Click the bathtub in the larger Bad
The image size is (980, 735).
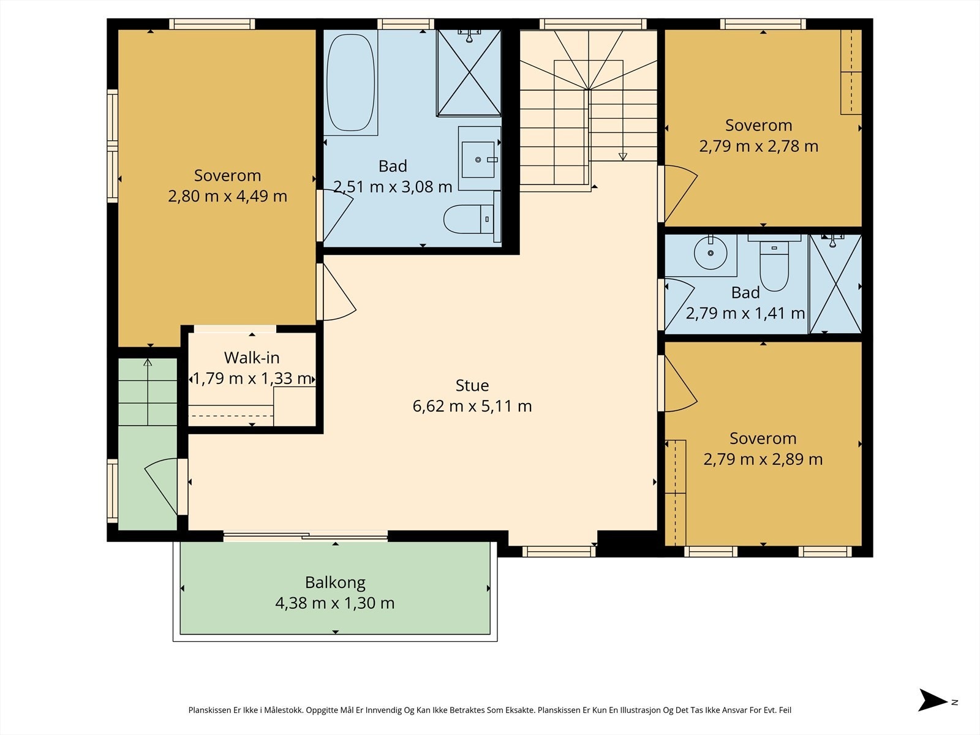tap(351, 83)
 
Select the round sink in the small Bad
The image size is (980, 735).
tap(710, 253)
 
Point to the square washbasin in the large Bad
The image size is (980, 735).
tap(478, 159)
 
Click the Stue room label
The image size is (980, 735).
tap(472, 386)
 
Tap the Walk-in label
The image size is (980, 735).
tap(252, 358)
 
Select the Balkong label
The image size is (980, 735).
tap(335, 583)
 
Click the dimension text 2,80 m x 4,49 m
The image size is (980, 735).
tap(227, 196)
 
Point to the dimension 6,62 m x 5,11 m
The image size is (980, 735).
tap(472, 406)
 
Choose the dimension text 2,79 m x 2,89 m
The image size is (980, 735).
tap(763, 459)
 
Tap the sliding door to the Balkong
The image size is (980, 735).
tap(306, 536)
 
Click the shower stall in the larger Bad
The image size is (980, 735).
tap(469, 73)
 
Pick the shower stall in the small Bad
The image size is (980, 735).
tap(835, 284)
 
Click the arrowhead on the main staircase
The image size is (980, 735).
tap(623, 157)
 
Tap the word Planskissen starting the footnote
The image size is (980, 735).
tap(209, 710)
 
